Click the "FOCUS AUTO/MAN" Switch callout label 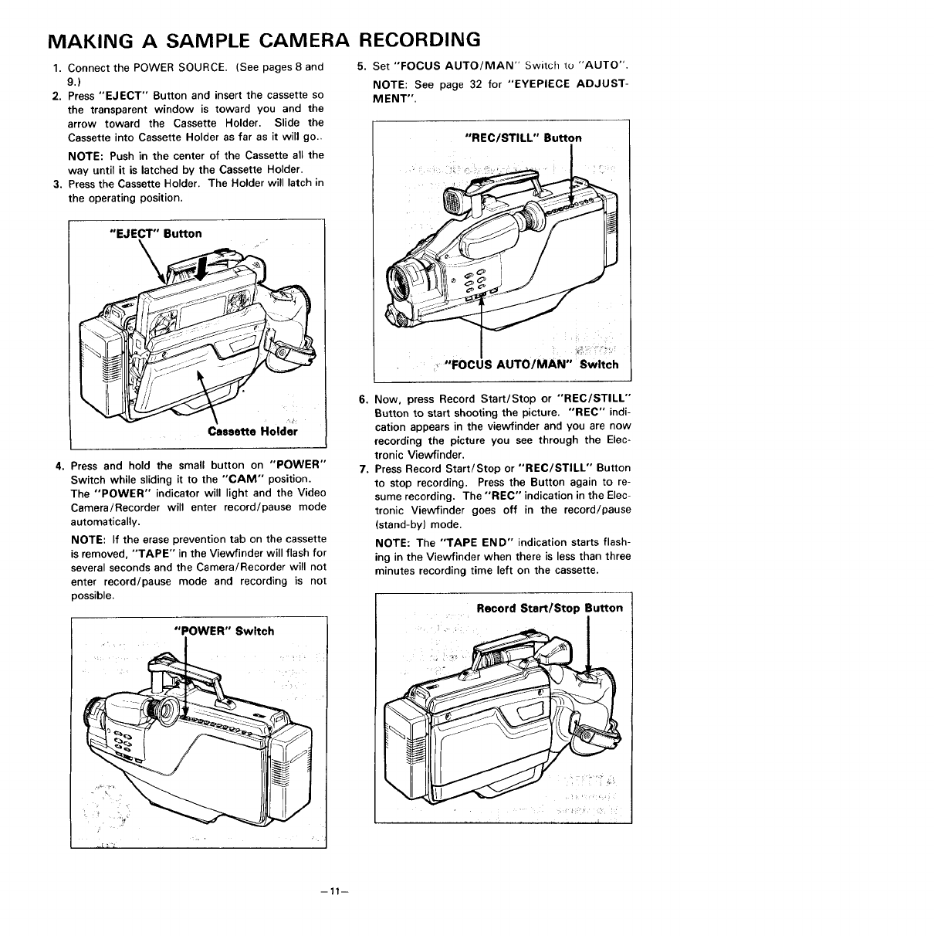pos(532,365)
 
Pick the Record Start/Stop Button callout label pos(549,608)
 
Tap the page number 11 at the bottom pos(336,890)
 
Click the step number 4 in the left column pos(59,466)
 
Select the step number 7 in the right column pos(362,468)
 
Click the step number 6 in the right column pos(362,399)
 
